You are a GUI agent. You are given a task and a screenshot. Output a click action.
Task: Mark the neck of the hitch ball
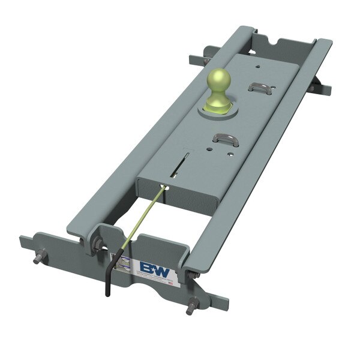(218, 96)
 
